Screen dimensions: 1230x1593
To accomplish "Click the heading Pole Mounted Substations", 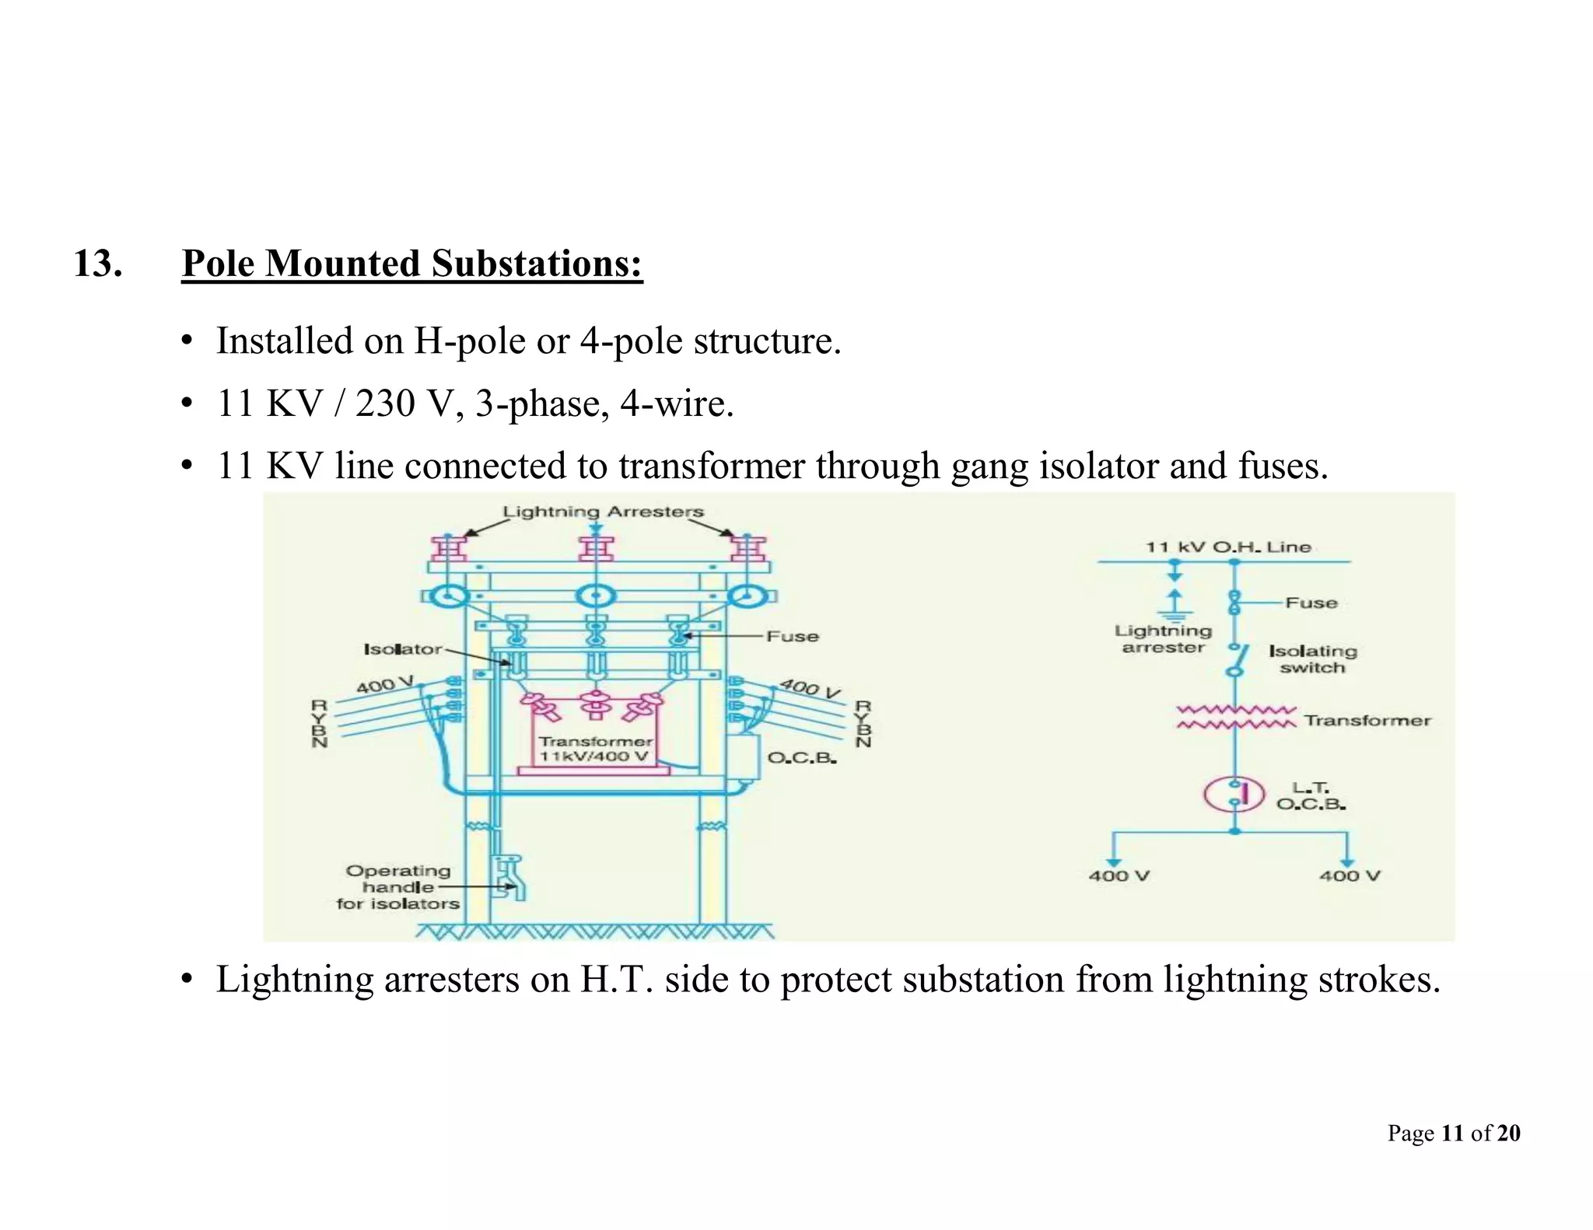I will tap(411, 264).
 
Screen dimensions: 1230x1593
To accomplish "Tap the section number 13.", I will tap(97, 264).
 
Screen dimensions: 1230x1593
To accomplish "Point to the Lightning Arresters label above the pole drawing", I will tap(603, 512).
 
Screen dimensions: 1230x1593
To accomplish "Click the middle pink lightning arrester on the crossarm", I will tap(596, 547).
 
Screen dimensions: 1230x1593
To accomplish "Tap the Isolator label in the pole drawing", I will tap(402, 649).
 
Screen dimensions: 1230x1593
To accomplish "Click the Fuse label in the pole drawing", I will tap(792, 637).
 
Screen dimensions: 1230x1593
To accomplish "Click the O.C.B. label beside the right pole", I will tap(801, 758).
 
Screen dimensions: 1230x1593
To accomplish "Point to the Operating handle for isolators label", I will tap(397, 887).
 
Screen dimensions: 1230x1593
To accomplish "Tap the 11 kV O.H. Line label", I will tap(1227, 547).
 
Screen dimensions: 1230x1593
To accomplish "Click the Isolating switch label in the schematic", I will tap(1312, 659).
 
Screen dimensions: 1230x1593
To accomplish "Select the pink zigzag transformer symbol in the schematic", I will tap(1234, 717).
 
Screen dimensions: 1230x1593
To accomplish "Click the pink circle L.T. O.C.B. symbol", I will tap(1234, 794).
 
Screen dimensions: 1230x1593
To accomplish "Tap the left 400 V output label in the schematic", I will tap(1119, 876).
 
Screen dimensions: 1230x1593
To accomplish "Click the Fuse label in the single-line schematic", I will tap(1311, 603).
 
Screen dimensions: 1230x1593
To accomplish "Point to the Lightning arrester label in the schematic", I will tap(1163, 639).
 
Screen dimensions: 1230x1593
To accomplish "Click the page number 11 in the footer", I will tap(1451, 1133).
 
